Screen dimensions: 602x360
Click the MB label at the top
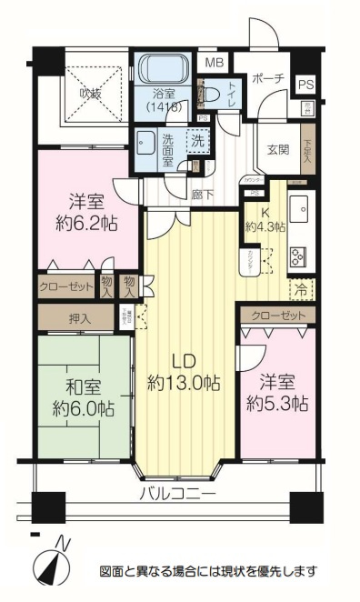click(214, 63)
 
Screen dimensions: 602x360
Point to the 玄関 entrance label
click(277, 150)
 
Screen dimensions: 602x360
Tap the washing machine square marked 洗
click(196, 142)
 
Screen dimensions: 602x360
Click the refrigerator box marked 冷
click(301, 290)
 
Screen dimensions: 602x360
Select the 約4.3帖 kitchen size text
click(265, 226)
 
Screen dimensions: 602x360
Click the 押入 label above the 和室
click(80, 318)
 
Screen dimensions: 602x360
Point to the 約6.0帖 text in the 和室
click(82, 407)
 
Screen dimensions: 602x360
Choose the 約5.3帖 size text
click(276, 403)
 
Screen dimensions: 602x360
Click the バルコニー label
click(177, 495)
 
